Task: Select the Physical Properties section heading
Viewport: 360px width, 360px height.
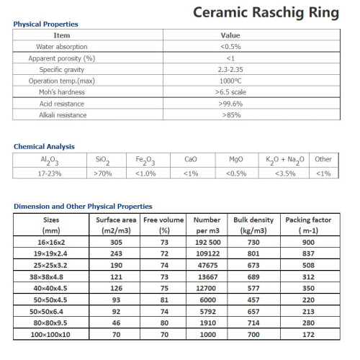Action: click(x=46, y=24)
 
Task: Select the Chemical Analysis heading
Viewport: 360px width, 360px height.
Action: click(x=44, y=147)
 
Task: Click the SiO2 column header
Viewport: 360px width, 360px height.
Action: click(x=102, y=161)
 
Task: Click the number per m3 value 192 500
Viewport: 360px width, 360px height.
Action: click(x=207, y=244)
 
